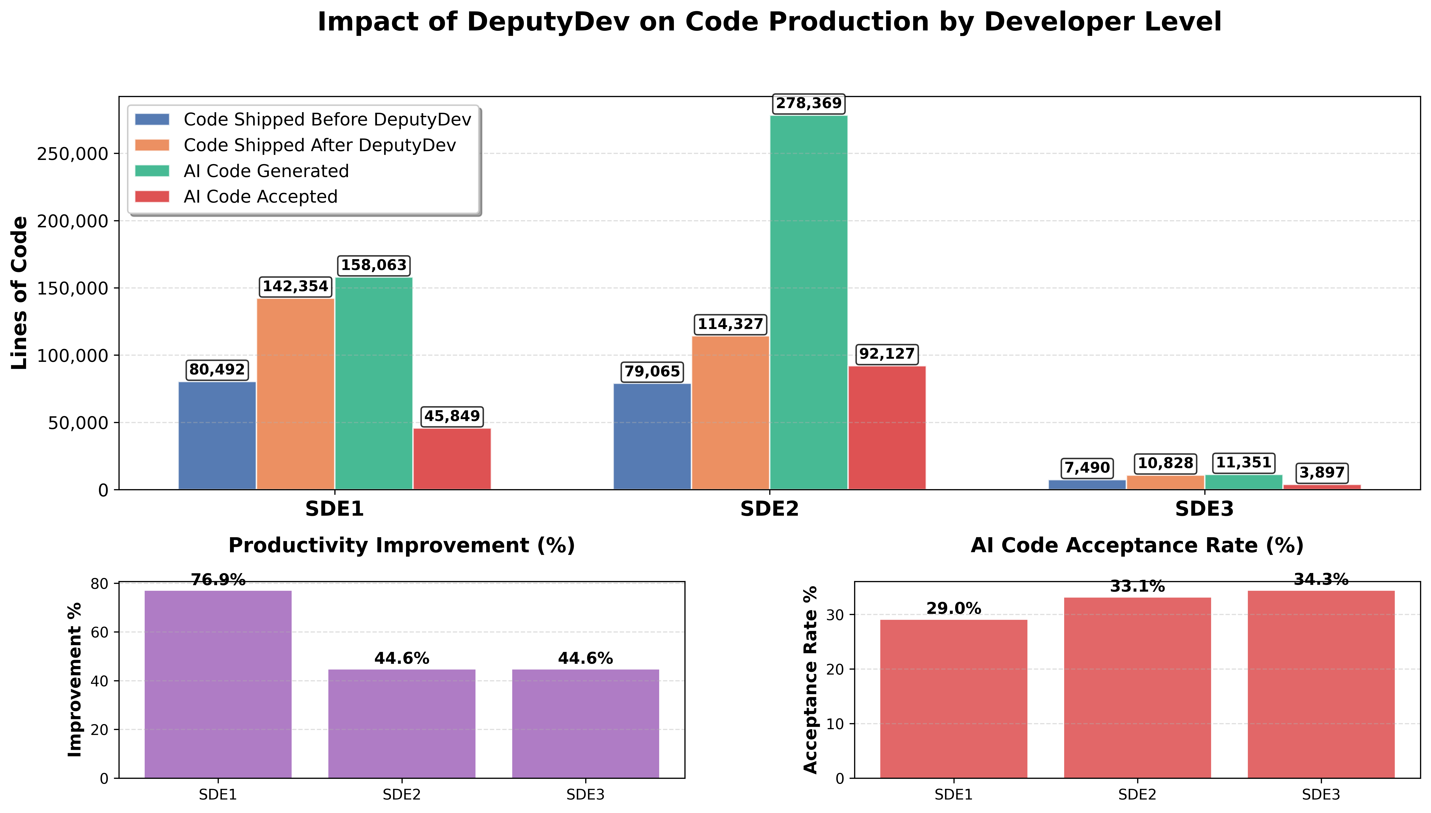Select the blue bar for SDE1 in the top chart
click(x=217, y=436)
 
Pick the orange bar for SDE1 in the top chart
click(x=295, y=394)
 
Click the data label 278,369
click(x=809, y=103)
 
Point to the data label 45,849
click(x=452, y=416)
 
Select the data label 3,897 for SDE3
click(x=1322, y=472)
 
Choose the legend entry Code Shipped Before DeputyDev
click(x=327, y=120)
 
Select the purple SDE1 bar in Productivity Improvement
click(x=218, y=684)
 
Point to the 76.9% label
click(x=218, y=580)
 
